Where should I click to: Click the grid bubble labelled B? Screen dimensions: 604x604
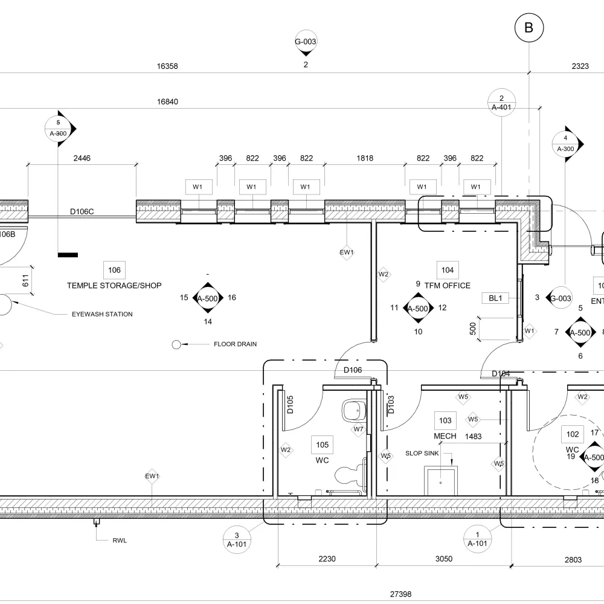point(529,28)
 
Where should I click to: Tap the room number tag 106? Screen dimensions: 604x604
point(114,270)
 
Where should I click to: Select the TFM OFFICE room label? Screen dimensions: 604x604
point(447,286)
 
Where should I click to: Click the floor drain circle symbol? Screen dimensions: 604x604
point(177,344)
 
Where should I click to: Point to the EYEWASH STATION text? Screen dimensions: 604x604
point(102,314)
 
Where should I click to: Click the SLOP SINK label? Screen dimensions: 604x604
point(422,453)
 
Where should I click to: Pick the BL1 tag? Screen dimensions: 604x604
point(496,298)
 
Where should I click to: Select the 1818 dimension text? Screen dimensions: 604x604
point(365,159)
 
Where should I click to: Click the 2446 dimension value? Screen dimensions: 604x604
point(82,159)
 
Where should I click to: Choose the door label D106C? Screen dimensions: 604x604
point(82,211)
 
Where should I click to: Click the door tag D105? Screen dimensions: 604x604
point(290,405)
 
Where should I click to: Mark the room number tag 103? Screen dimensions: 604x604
point(445,420)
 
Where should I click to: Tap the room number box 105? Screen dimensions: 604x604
point(323,445)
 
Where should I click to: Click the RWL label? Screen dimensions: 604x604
point(119,541)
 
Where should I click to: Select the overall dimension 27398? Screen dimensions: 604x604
point(400,594)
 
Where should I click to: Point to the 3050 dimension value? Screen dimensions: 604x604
point(444,559)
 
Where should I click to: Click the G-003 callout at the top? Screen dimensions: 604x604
point(306,42)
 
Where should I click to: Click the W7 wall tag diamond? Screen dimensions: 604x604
point(359,429)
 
